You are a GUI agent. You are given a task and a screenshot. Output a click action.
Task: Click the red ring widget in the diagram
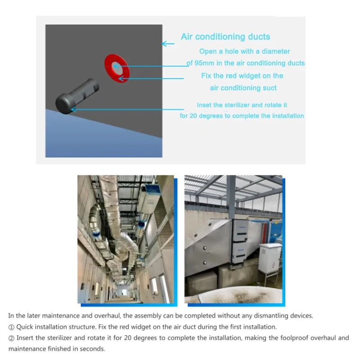tap(117, 68)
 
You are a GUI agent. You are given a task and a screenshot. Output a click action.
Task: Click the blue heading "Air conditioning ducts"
tap(225, 37)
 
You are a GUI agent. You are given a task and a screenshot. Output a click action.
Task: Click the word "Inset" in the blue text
tap(205, 105)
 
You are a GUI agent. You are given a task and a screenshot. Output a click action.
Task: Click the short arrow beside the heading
tap(168, 44)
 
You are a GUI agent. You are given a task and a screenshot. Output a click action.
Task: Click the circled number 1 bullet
tap(11, 327)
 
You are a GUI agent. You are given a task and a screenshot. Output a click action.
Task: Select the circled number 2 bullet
tap(11, 338)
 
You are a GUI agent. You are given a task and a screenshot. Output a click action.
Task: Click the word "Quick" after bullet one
tap(25, 327)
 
